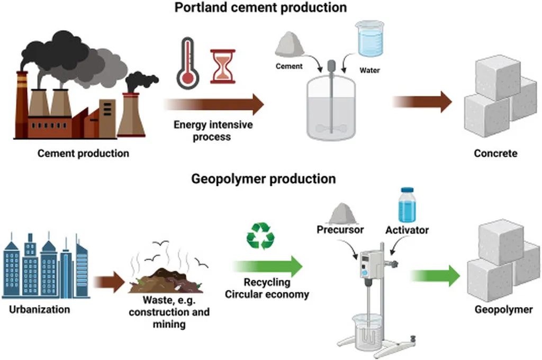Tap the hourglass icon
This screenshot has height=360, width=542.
223,66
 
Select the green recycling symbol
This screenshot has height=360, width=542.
260,236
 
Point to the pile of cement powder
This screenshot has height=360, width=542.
289,44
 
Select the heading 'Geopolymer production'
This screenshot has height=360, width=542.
263,178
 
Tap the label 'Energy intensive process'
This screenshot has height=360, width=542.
213,131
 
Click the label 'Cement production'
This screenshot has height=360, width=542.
83,154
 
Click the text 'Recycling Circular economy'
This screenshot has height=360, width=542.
267,289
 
